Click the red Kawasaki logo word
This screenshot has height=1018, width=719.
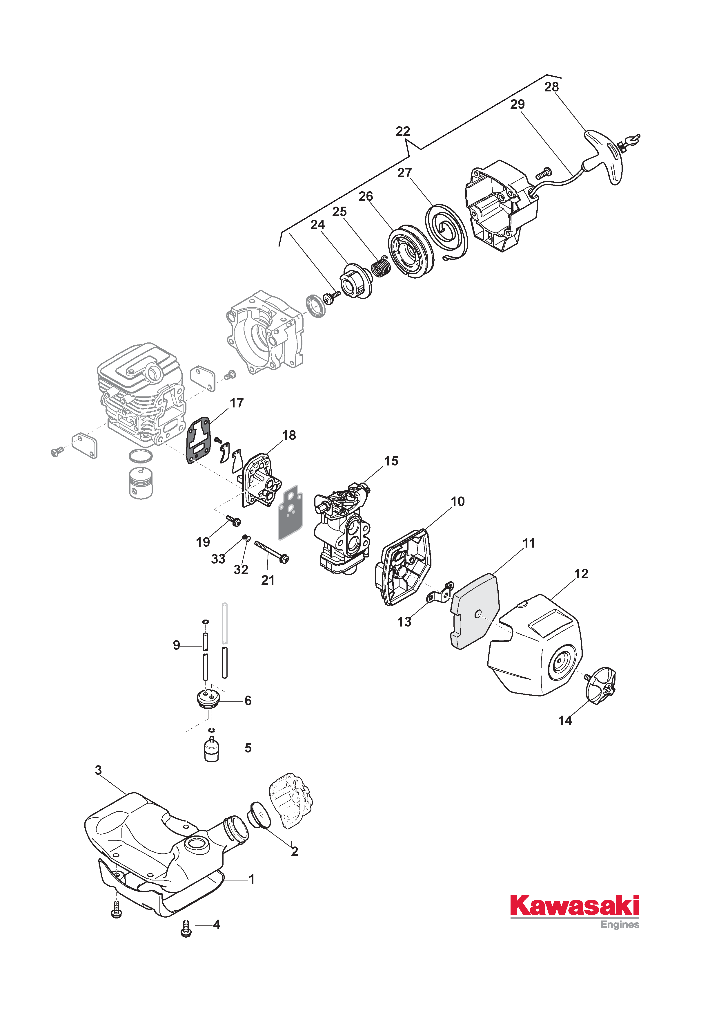tap(575, 906)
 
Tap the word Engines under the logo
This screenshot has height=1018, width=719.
tap(620, 925)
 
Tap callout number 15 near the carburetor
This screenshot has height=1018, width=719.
tap(391, 461)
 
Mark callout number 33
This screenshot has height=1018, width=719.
tap(218, 559)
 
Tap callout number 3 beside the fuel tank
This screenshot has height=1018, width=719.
tap(98, 770)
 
